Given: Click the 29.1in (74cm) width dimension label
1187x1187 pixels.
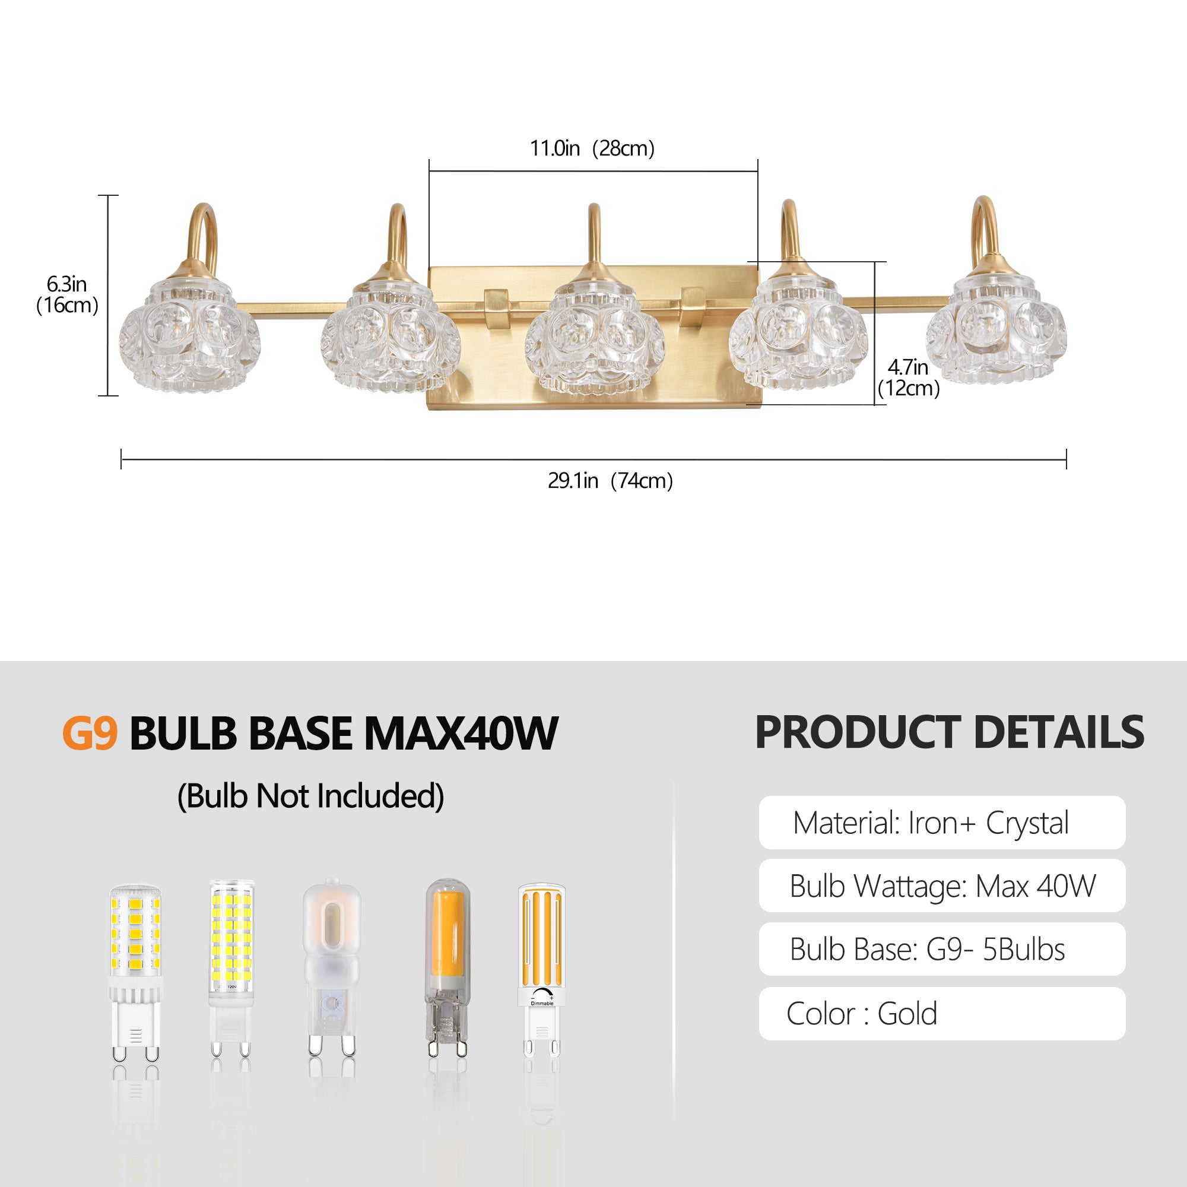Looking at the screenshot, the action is coord(610,481).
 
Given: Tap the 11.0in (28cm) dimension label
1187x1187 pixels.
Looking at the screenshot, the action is coord(592,148).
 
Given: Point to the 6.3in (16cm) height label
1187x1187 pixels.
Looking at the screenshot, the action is coord(67,294).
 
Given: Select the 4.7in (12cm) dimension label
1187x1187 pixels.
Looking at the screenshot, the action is coord(909,377).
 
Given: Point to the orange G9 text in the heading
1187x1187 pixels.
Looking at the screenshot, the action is coord(90,733).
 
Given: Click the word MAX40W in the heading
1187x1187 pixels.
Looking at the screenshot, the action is coord(461,733).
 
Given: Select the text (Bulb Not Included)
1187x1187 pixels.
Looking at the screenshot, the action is coord(310,796).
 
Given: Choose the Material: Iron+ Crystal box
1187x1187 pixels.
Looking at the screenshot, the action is coord(942,823).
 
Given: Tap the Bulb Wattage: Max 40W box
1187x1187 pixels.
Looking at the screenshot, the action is coord(942,886).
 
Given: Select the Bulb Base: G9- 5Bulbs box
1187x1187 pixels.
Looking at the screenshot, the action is coord(942,948).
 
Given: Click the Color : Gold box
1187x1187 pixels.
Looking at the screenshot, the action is coord(942,1013).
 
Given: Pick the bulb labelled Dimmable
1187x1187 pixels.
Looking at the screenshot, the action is coord(541,970).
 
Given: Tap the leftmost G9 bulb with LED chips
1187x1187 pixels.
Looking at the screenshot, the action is coord(136,973).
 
